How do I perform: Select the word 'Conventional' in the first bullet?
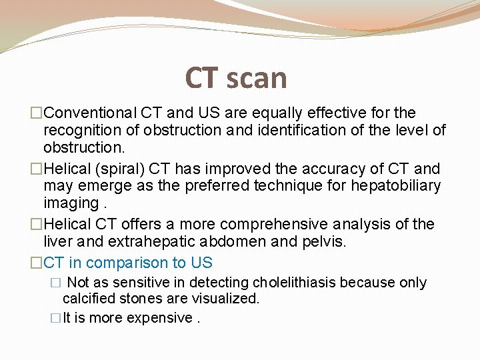point(91,113)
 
